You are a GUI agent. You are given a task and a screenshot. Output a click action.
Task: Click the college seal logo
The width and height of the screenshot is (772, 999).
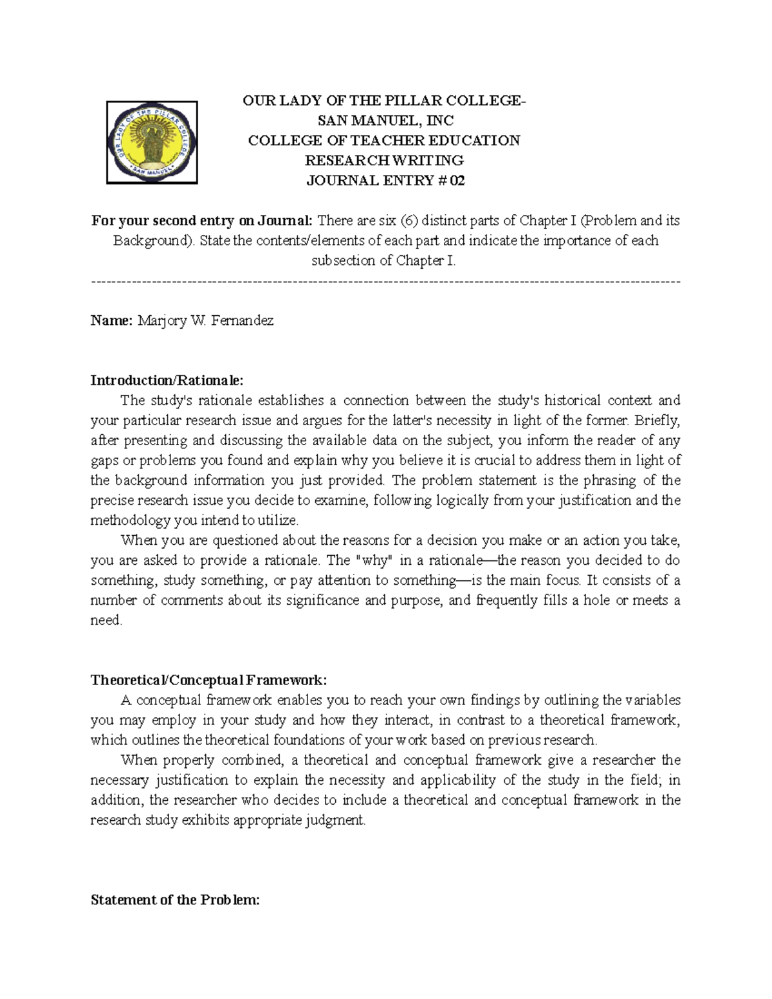pos(152,143)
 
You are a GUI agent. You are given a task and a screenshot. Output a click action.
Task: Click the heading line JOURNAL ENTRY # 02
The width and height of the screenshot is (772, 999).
pos(385,181)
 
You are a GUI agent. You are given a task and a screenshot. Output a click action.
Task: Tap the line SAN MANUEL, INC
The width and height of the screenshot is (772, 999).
pos(385,121)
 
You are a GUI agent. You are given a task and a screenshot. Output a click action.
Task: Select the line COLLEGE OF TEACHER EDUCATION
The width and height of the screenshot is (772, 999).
pos(384,141)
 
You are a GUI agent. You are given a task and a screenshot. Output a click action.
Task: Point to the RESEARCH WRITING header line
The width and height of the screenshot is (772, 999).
pos(384,161)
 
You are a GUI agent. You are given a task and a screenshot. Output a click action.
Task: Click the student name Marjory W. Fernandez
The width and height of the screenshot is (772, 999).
pos(206,320)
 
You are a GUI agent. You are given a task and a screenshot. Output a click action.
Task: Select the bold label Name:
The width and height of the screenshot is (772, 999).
pos(112,320)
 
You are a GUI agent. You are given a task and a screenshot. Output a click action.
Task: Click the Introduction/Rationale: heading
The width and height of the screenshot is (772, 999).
pos(167,380)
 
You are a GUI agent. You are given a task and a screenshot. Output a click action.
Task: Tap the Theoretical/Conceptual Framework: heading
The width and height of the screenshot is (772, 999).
pos(209,680)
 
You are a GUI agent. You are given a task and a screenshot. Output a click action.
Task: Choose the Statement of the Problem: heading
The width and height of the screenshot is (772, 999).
pos(175,900)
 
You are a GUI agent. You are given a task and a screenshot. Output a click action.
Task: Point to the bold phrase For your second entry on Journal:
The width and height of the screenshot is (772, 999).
pos(202,221)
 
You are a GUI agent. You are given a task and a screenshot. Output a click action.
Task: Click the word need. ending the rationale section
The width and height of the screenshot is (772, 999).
pos(106,621)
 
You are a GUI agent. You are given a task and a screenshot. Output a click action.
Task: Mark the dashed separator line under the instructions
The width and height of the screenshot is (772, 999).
pos(386,281)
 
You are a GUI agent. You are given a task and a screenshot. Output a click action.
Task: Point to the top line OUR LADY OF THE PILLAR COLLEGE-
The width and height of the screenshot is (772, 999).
pos(384,101)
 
